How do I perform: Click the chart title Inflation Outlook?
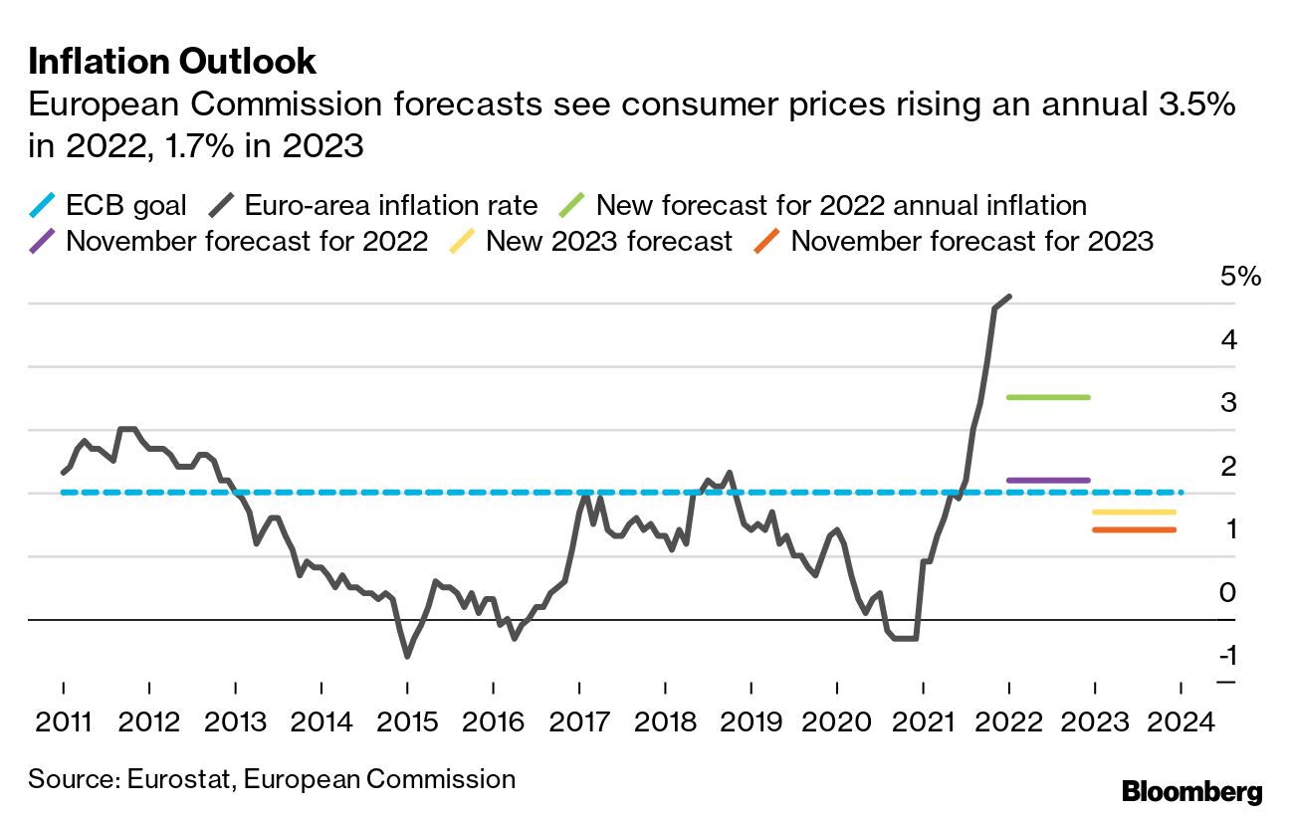pyautogui.click(x=171, y=62)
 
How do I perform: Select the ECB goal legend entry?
pyautogui.click(x=110, y=206)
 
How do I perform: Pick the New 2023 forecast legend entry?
pyautogui.click(x=592, y=241)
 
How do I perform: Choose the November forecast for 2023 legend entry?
pyautogui.click(x=956, y=241)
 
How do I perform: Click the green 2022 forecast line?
pyautogui.click(x=1049, y=397)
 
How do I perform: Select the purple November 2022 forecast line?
pyautogui.click(x=1049, y=480)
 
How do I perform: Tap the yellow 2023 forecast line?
pyautogui.click(x=1134, y=511)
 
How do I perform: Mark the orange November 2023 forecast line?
pyautogui.click(x=1134, y=529)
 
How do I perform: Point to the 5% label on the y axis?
pyautogui.click(x=1239, y=277)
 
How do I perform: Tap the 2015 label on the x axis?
pyautogui.click(x=407, y=720)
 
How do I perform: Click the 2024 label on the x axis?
pyautogui.click(x=1181, y=720)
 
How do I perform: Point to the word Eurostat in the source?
pyautogui.click(x=178, y=778)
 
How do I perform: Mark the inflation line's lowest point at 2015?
pyautogui.click(x=407, y=656)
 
